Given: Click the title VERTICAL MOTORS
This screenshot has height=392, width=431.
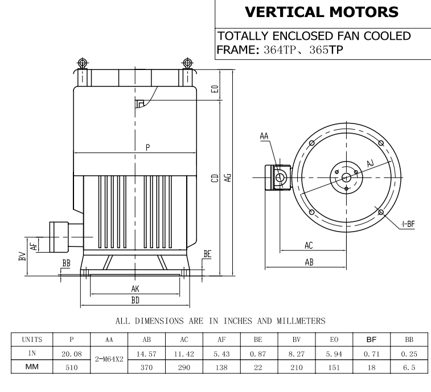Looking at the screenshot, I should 322,11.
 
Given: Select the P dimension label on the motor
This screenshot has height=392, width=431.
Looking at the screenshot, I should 147,147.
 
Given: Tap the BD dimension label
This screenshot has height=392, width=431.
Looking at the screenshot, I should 136,300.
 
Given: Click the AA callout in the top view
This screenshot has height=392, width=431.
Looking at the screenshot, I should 264,137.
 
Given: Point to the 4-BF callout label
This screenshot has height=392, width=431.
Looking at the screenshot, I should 407,224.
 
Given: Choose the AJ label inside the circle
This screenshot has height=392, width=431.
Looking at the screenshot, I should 370,164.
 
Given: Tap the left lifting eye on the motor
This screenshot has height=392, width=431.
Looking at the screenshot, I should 82,63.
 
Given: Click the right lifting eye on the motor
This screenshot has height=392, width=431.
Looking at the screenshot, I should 187,63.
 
